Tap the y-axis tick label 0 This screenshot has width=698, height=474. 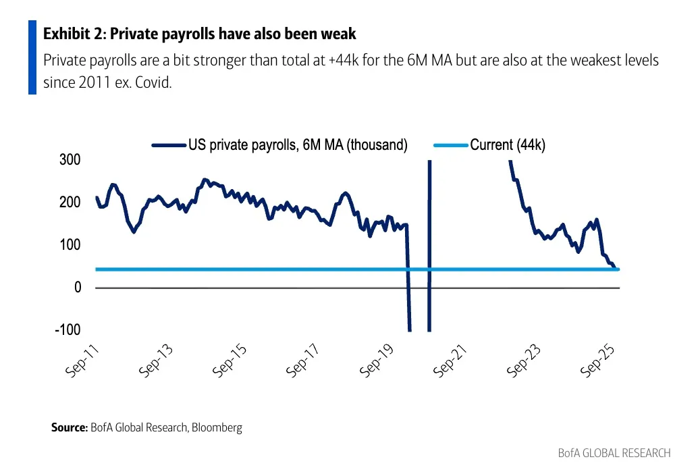click(76, 288)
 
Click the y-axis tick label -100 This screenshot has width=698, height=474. click(66, 330)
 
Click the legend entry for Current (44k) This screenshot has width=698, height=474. click(507, 144)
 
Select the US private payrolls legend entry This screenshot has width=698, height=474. click(298, 144)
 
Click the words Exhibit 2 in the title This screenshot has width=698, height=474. click(72, 33)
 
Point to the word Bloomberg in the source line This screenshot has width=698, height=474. click(217, 427)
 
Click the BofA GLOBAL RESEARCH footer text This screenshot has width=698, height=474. click(614, 452)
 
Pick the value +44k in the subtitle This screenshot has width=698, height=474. click(346, 61)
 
